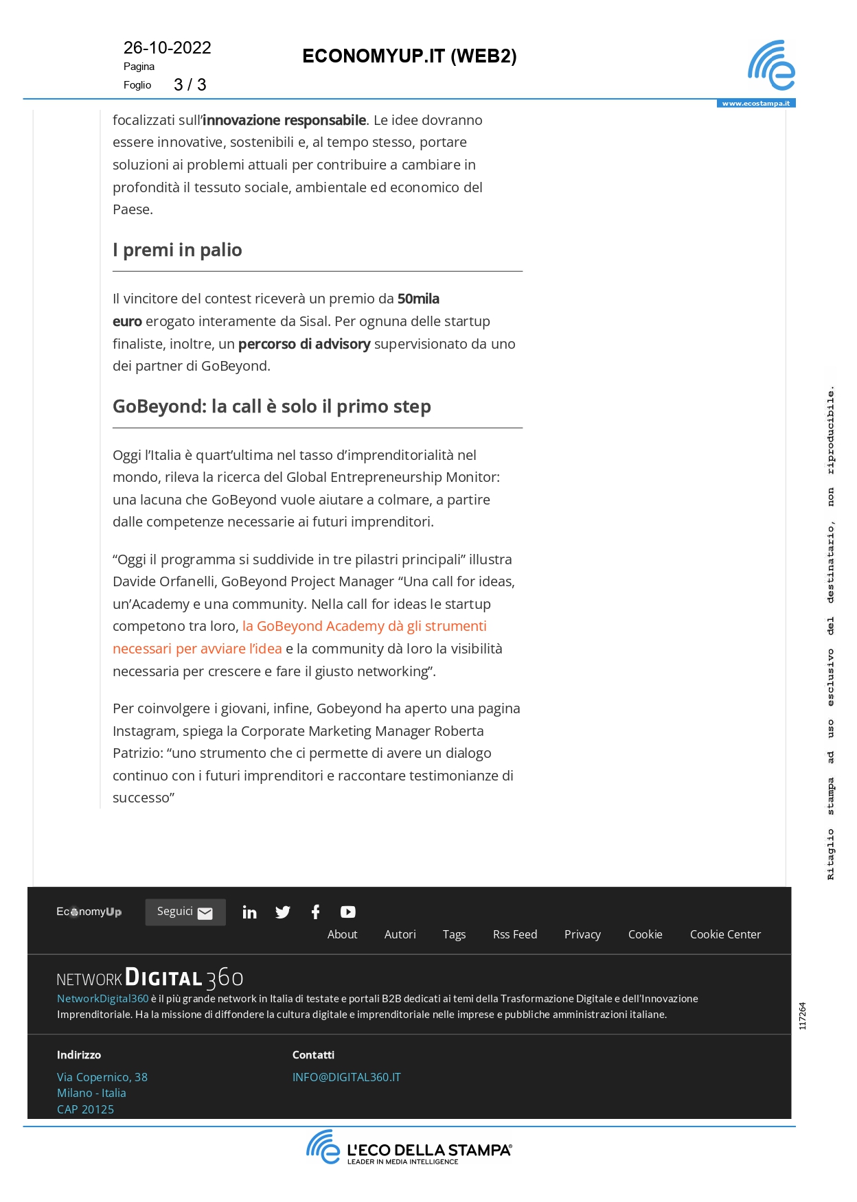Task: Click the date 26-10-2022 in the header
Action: click(x=167, y=48)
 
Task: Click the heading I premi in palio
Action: click(x=177, y=250)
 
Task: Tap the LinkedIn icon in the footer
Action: click(x=249, y=912)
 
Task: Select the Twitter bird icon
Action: click(x=282, y=912)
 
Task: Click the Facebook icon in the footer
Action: click(x=315, y=912)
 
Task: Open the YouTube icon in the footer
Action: click(x=347, y=912)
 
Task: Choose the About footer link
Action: click(x=342, y=934)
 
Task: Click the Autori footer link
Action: click(x=400, y=934)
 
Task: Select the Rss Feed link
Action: click(x=514, y=934)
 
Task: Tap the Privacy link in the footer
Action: click(x=582, y=934)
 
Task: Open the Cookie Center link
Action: click(x=725, y=934)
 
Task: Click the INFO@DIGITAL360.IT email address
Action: click(x=346, y=1077)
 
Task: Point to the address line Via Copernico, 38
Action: click(x=102, y=1077)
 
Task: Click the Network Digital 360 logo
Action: click(x=150, y=978)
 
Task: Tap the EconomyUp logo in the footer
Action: click(x=89, y=912)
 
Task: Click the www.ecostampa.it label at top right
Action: click(x=755, y=104)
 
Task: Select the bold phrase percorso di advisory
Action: click(x=304, y=344)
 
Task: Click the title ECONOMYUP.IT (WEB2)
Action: click(x=409, y=56)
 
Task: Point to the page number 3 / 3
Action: click(x=190, y=85)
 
